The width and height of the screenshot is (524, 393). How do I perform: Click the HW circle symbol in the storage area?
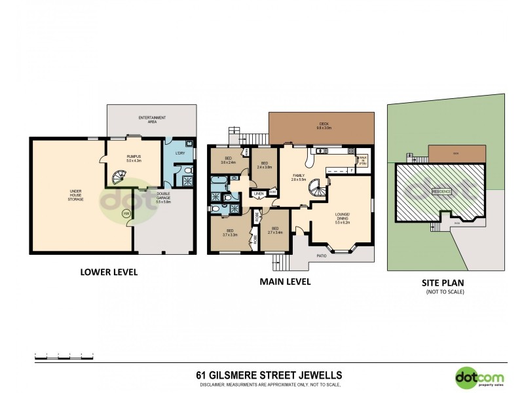coord(126,214)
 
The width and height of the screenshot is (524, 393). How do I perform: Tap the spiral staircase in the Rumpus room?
coord(120,177)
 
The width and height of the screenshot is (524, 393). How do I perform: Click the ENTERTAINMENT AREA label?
coord(152,119)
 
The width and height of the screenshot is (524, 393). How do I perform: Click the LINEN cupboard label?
coord(257,194)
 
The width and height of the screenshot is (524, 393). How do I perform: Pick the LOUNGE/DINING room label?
coord(343,217)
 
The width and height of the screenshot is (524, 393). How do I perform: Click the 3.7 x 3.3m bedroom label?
coord(230,233)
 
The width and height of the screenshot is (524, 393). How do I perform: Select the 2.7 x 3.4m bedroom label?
coord(274,231)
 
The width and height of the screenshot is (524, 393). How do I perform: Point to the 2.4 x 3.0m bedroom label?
coord(264,165)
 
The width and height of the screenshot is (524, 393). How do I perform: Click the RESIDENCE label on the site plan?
coord(441,191)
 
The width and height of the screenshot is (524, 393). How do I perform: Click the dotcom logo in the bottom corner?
coord(480,377)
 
